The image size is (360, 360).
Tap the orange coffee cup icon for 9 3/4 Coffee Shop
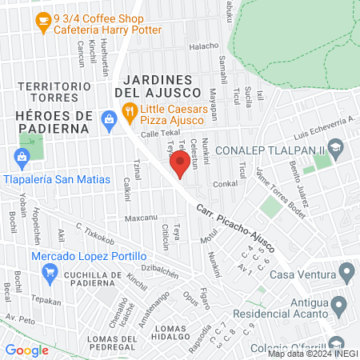[42, 23]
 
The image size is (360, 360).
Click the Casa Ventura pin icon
[346, 275]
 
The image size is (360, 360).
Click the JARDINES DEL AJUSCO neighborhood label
[158, 86]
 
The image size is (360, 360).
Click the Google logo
[26, 350]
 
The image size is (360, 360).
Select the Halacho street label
[203, 46]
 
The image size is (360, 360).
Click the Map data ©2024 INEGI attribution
[312, 354]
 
